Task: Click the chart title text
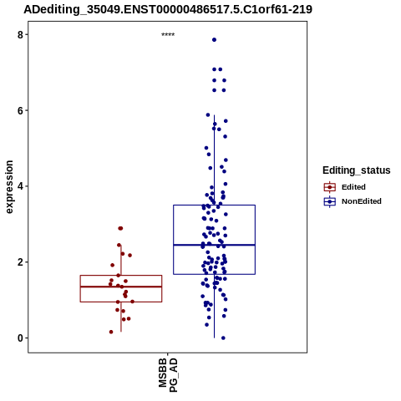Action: [x=168, y=9]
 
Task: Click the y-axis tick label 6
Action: [x=20, y=110]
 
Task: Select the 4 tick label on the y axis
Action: [x=20, y=186]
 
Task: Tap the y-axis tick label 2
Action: [x=20, y=262]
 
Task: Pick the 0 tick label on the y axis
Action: [x=20, y=338]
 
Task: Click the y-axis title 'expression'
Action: [x=9, y=187]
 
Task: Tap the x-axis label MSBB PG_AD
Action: [x=168, y=375]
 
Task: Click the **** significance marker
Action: [x=168, y=35]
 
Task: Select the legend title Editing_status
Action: [x=357, y=170]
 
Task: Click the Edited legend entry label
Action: [x=353, y=187]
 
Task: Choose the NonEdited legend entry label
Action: [x=362, y=201]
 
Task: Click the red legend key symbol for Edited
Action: [x=330, y=187]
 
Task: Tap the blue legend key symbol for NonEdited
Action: [x=330, y=201]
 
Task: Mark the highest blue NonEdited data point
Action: [x=214, y=40]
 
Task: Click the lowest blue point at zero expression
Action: [x=223, y=338]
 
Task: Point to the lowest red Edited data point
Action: [x=111, y=332]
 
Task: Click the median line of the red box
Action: [x=121, y=287]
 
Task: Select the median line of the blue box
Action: [x=214, y=245]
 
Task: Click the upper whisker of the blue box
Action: [x=214, y=160]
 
